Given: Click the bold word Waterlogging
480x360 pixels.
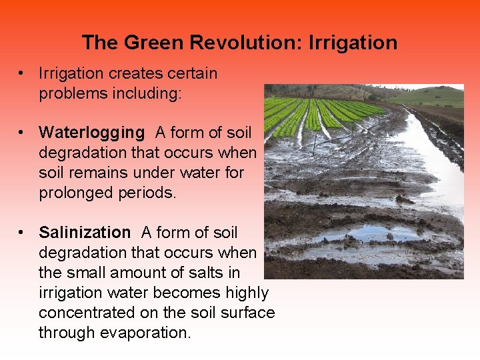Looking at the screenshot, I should click(91, 133).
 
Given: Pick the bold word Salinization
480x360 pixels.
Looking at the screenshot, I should click(85, 233).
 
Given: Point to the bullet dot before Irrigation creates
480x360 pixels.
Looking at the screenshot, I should click(23, 73).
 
